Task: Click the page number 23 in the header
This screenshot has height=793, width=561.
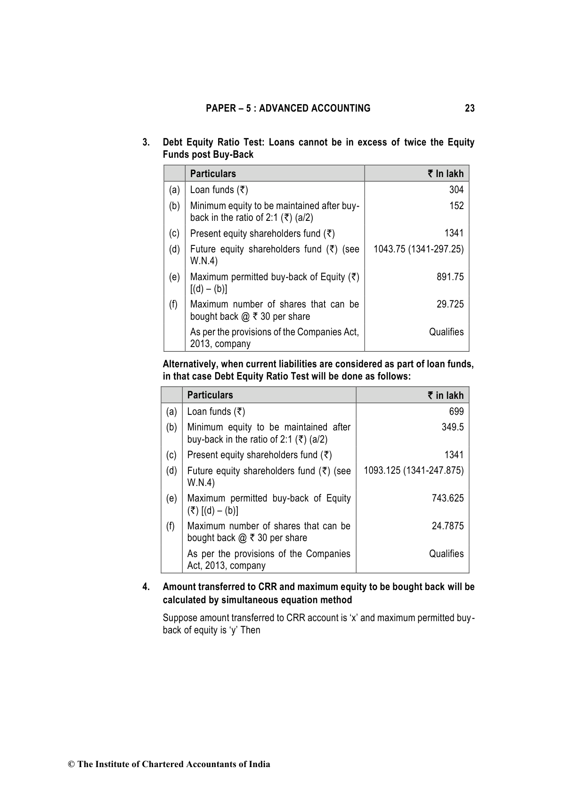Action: [470, 108]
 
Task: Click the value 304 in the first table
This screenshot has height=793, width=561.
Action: [456, 190]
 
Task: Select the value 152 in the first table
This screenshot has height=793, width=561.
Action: [456, 206]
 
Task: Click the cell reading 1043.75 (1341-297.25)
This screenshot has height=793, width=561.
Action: [418, 249]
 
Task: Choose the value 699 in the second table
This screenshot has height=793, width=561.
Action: [456, 412]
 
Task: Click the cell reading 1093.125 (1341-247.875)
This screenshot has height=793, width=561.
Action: [414, 470]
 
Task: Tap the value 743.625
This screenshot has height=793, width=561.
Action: [447, 498]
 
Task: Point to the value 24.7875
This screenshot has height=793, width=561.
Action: [447, 526]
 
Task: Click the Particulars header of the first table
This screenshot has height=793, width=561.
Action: [213, 174]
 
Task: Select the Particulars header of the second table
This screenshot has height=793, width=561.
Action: [210, 395]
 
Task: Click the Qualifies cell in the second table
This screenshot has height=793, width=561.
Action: [446, 554]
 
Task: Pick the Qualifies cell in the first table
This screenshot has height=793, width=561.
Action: [446, 332]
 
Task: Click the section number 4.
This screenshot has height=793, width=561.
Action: [146, 587]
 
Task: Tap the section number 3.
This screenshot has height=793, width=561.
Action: [146, 142]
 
